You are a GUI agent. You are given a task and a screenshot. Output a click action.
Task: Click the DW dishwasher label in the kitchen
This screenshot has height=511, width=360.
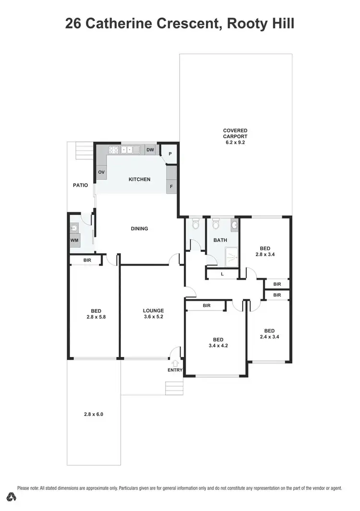tap(150, 150)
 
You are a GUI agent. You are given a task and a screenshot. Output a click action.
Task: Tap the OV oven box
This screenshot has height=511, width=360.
tap(101, 172)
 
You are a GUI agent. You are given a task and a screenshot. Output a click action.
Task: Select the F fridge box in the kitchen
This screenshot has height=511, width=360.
tap(171, 186)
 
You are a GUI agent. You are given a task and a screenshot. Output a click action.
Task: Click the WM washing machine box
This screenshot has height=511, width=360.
tap(74, 240)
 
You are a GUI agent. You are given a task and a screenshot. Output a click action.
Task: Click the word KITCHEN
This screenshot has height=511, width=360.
tap(139, 179)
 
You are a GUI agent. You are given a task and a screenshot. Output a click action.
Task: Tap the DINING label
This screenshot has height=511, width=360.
tap(139, 229)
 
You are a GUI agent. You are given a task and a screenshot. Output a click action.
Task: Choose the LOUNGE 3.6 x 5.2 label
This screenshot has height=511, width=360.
tap(154, 313)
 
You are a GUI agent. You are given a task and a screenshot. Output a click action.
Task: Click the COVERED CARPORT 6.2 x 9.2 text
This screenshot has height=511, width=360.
tap(235, 136)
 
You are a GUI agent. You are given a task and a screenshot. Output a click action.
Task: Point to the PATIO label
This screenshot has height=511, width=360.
tap(80, 185)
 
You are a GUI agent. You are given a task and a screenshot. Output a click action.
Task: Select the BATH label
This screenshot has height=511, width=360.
tap(220, 240)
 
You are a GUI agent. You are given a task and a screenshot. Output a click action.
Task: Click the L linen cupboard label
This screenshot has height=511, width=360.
tap(222, 274)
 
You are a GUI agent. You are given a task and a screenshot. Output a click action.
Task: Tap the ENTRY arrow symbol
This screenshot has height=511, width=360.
tap(175, 364)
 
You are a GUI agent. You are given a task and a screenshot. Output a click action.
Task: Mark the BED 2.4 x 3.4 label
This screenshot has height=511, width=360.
tap(269, 333)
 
